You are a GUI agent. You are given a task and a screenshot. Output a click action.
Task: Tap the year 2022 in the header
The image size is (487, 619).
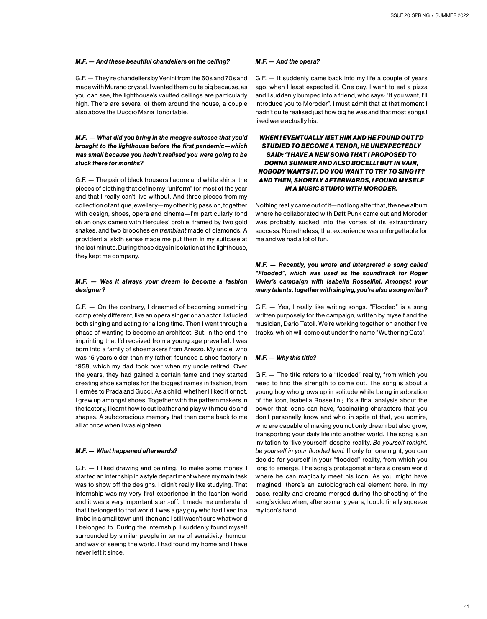(x=461, y=15)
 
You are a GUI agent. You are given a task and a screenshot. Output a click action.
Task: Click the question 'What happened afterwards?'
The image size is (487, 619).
(x=126, y=451)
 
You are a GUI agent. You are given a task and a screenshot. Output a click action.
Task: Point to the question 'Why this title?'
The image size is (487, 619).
(x=286, y=358)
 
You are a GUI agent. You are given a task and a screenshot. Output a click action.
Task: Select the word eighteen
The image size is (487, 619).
(x=150, y=425)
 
